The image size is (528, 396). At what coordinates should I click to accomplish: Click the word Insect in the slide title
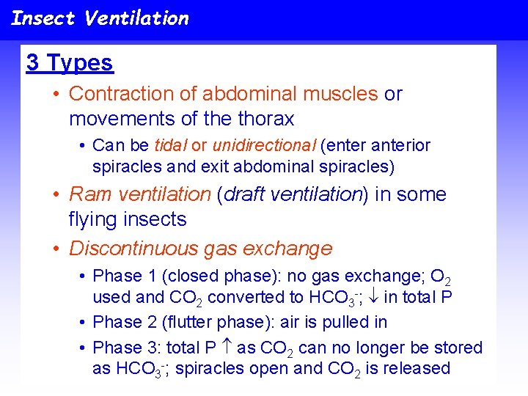tap(43, 18)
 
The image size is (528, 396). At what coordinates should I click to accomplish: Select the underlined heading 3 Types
tap(70, 63)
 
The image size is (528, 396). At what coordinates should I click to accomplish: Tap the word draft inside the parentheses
tap(246, 194)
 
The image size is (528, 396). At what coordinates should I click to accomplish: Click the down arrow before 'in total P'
tap(372, 297)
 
